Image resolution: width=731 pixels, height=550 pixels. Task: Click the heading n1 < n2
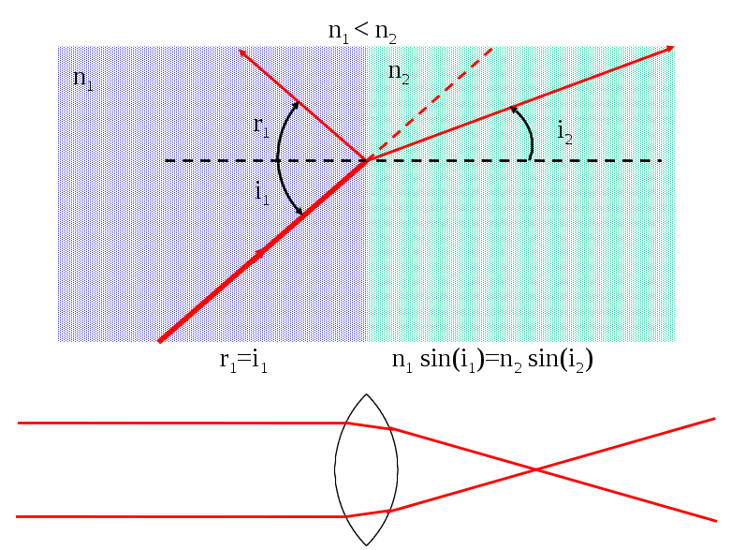[x=362, y=32]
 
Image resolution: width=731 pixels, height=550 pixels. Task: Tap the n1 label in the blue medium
[x=83, y=79]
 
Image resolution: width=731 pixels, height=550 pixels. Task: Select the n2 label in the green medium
[x=399, y=73]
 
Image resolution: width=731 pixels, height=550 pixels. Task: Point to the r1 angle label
[x=261, y=126]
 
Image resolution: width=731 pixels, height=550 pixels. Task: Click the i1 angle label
[x=262, y=193]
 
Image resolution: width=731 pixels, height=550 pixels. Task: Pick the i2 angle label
[x=564, y=132]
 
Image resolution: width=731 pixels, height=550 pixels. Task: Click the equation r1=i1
[x=243, y=362]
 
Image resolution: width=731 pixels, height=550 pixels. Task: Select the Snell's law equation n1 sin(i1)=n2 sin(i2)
[x=492, y=361]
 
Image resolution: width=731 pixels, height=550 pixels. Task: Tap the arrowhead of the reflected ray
[x=241, y=52]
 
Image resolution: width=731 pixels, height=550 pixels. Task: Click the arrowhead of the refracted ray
[x=670, y=48]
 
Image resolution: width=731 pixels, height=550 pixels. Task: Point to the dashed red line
[x=430, y=104]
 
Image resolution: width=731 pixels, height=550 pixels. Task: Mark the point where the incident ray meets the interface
[x=367, y=161]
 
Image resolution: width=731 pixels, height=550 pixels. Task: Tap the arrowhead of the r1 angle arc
[x=295, y=105]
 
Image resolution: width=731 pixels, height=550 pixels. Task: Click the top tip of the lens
[x=366, y=394]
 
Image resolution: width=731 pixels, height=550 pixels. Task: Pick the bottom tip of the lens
[x=366, y=545]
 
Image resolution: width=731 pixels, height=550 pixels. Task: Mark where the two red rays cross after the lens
[x=535, y=468]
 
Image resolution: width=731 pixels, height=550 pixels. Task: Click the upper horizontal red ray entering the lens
[x=182, y=424]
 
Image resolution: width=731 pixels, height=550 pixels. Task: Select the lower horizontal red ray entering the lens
[x=180, y=517]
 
